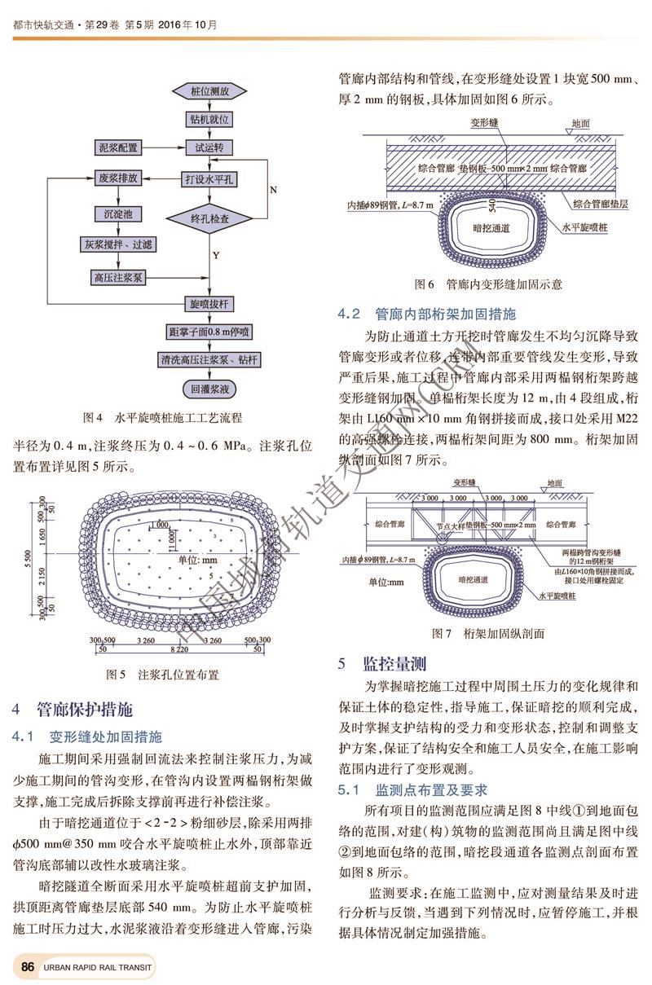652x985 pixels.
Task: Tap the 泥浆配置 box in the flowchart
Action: click(118, 148)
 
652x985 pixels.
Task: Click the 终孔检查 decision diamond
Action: click(209, 218)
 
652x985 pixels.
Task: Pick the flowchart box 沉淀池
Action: click(118, 214)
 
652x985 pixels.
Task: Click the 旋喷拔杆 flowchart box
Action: click(209, 304)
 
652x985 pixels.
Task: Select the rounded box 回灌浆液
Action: click(209, 389)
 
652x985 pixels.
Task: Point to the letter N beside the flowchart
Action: click(273, 189)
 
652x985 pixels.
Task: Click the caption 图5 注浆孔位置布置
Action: click(163, 675)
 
